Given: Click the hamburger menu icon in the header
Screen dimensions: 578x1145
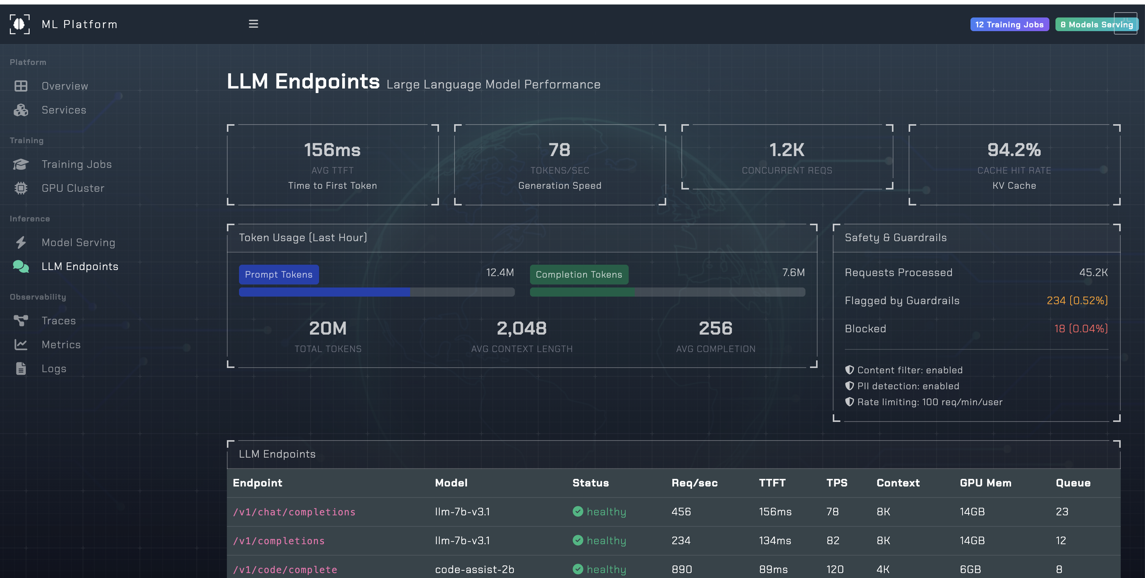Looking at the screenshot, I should coord(253,24).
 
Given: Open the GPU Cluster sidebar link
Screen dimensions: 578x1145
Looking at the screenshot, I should coord(73,188).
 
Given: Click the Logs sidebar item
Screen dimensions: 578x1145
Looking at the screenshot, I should coord(54,369).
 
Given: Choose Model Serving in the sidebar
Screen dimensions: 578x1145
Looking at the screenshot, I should coord(78,243).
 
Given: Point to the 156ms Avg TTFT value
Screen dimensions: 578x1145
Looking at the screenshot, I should coord(332,150).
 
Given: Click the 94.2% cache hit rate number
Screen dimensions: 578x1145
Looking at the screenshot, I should coord(1013,150).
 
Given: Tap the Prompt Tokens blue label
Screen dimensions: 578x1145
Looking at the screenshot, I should coord(279,275).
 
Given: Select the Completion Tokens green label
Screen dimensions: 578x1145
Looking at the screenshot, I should coord(579,275).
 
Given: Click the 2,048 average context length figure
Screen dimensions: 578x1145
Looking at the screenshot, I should coord(521,328).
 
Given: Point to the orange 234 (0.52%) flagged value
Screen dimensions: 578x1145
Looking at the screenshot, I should coord(1077,301).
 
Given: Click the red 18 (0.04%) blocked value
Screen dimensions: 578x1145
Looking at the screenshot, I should coord(1081,329).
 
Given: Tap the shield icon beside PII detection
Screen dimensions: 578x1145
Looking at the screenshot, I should coord(849,386).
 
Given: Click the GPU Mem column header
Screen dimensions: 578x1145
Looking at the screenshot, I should coord(985,483).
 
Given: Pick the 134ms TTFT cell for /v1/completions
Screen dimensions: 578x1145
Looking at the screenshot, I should coord(775,541).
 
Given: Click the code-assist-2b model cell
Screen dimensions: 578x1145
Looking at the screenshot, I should coord(474,570).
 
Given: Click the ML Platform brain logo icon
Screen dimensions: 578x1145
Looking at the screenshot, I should coord(20,24).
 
